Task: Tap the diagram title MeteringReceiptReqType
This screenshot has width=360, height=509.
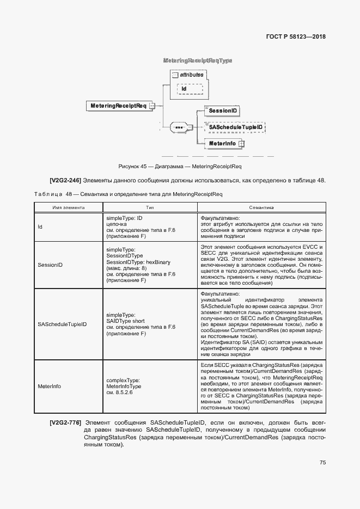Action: (x=198, y=60)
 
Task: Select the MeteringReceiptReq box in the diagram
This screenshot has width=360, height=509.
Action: (x=117, y=106)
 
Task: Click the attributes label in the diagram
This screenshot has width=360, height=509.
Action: (x=191, y=75)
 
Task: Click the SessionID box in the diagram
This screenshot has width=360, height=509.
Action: (x=222, y=111)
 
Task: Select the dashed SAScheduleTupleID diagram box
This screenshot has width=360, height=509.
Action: (x=235, y=127)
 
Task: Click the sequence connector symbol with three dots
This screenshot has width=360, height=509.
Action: (x=179, y=128)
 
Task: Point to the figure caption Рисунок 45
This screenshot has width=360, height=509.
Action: (x=180, y=166)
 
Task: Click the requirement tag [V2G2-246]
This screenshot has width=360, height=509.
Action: (x=65, y=180)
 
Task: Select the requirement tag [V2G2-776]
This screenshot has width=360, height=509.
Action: (x=65, y=422)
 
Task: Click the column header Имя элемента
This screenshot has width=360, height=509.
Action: (x=68, y=207)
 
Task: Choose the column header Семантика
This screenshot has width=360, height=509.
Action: (x=261, y=207)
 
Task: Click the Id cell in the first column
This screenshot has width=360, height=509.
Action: (x=40, y=227)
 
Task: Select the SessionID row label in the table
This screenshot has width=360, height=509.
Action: (x=50, y=265)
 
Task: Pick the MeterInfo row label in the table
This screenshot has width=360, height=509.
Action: (x=49, y=385)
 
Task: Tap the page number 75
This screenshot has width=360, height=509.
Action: (x=322, y=463)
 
